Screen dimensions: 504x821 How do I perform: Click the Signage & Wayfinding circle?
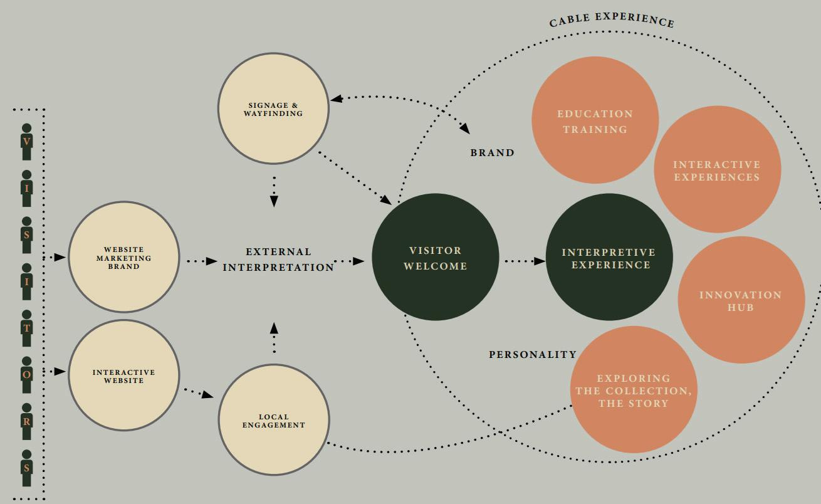pos(273,108)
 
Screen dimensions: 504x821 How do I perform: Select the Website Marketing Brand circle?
pos(123,257)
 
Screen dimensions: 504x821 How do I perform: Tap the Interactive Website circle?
pos(123,375)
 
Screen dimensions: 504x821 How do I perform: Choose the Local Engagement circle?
pos(273,420)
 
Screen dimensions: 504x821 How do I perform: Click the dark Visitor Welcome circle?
pos(435,257)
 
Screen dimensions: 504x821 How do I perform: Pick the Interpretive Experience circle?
pos(609,257)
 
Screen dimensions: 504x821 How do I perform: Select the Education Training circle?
pos(595,120)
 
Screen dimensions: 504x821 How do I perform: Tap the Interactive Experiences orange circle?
pos(716,170)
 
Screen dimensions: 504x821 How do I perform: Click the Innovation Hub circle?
pos(740,300)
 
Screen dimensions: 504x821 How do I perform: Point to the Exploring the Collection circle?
pos(633,390)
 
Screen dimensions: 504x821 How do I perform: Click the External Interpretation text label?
pos(278,260)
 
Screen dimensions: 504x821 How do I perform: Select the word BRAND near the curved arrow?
pos(492,153)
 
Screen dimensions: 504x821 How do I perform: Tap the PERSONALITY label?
pos(532,355)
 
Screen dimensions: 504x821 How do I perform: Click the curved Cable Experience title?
pos(612,19)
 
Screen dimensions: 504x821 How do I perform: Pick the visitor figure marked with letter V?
pos(26,142)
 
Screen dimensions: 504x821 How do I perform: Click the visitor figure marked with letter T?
pos(26,328)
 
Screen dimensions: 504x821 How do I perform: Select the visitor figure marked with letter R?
pos(26,421)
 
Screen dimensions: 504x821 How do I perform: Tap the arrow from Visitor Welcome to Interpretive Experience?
pos(524,261)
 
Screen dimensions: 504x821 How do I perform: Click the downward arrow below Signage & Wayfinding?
pos(274,192)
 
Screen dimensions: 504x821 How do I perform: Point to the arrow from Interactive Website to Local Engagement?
pos(199,393)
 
